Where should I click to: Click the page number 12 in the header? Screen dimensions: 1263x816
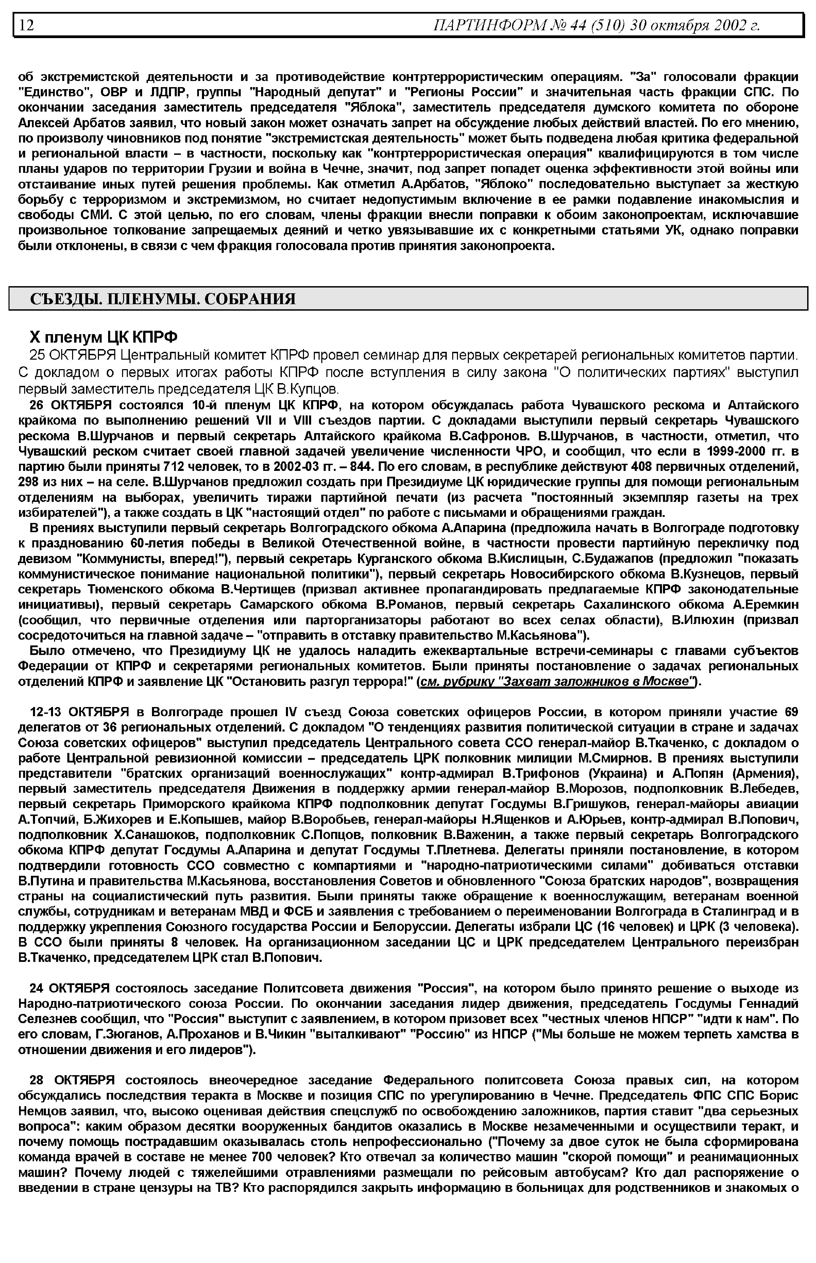(27, 25)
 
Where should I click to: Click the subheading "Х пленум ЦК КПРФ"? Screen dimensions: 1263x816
(103, 337)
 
